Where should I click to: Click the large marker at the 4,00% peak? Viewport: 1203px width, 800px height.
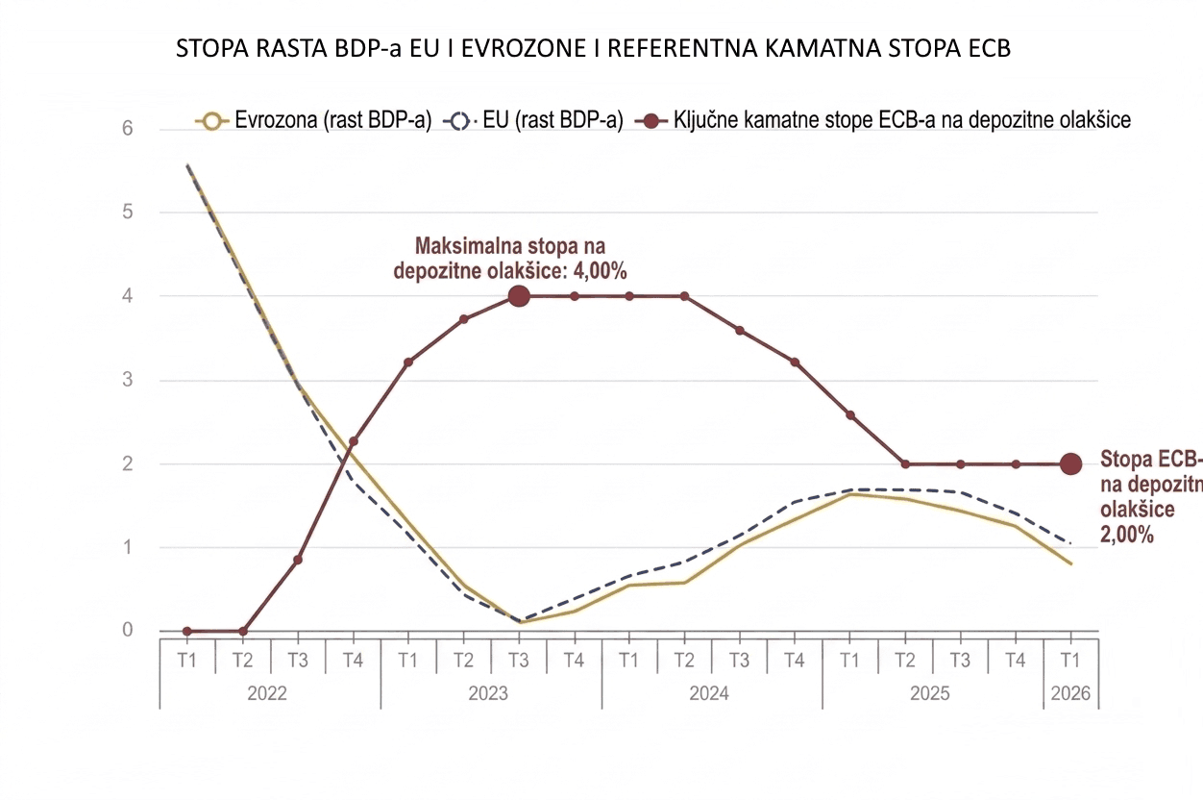519,296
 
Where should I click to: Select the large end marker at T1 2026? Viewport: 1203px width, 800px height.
1070,463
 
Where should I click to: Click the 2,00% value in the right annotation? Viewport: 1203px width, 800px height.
1126,535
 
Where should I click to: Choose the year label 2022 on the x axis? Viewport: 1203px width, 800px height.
268,694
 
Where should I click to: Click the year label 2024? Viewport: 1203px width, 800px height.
710,694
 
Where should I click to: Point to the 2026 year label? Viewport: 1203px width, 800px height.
1070,694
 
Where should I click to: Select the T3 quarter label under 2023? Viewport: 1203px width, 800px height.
519,660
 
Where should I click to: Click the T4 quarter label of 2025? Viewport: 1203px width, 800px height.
1016,660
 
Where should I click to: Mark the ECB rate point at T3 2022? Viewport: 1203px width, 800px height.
298,560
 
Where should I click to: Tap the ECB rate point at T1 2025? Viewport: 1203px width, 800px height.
850,415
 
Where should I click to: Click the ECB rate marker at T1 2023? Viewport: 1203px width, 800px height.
408,362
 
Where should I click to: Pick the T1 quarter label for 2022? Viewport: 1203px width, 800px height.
187,660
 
